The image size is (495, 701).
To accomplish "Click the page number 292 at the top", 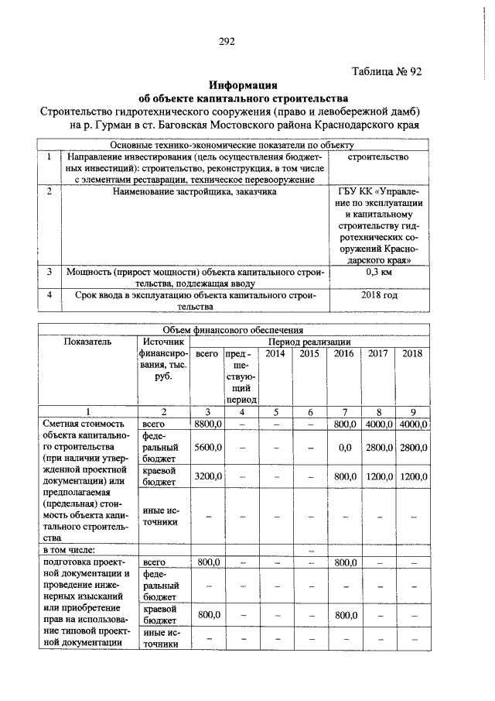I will pos(226,41).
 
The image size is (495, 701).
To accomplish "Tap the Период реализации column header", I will pos(309,342).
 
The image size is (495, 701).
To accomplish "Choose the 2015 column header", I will pos(309,353).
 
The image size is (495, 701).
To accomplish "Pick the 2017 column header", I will pos(377,353).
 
